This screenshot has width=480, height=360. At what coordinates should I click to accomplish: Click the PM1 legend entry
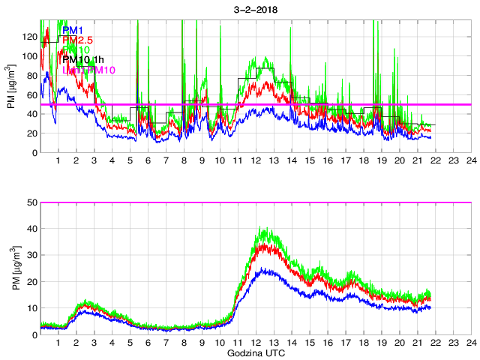tap(73, 30)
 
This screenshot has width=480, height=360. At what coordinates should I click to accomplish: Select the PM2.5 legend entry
tap(78, 40)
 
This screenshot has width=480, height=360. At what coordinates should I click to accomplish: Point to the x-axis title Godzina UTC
tap(255, 352)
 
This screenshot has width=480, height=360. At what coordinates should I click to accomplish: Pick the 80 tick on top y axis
tap(30, 76)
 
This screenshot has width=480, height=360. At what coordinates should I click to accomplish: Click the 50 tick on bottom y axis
tap(30, 202)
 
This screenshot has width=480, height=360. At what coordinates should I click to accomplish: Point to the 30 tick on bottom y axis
tap(30, 255)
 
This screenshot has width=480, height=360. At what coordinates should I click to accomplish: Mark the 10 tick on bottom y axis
tap(30, 308)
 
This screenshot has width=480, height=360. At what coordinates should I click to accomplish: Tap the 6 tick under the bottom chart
tap(148, 343)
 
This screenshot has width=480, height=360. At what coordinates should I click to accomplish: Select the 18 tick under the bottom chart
tap(363, 343)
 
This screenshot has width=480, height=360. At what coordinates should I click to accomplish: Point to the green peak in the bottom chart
tap(262, 227)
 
